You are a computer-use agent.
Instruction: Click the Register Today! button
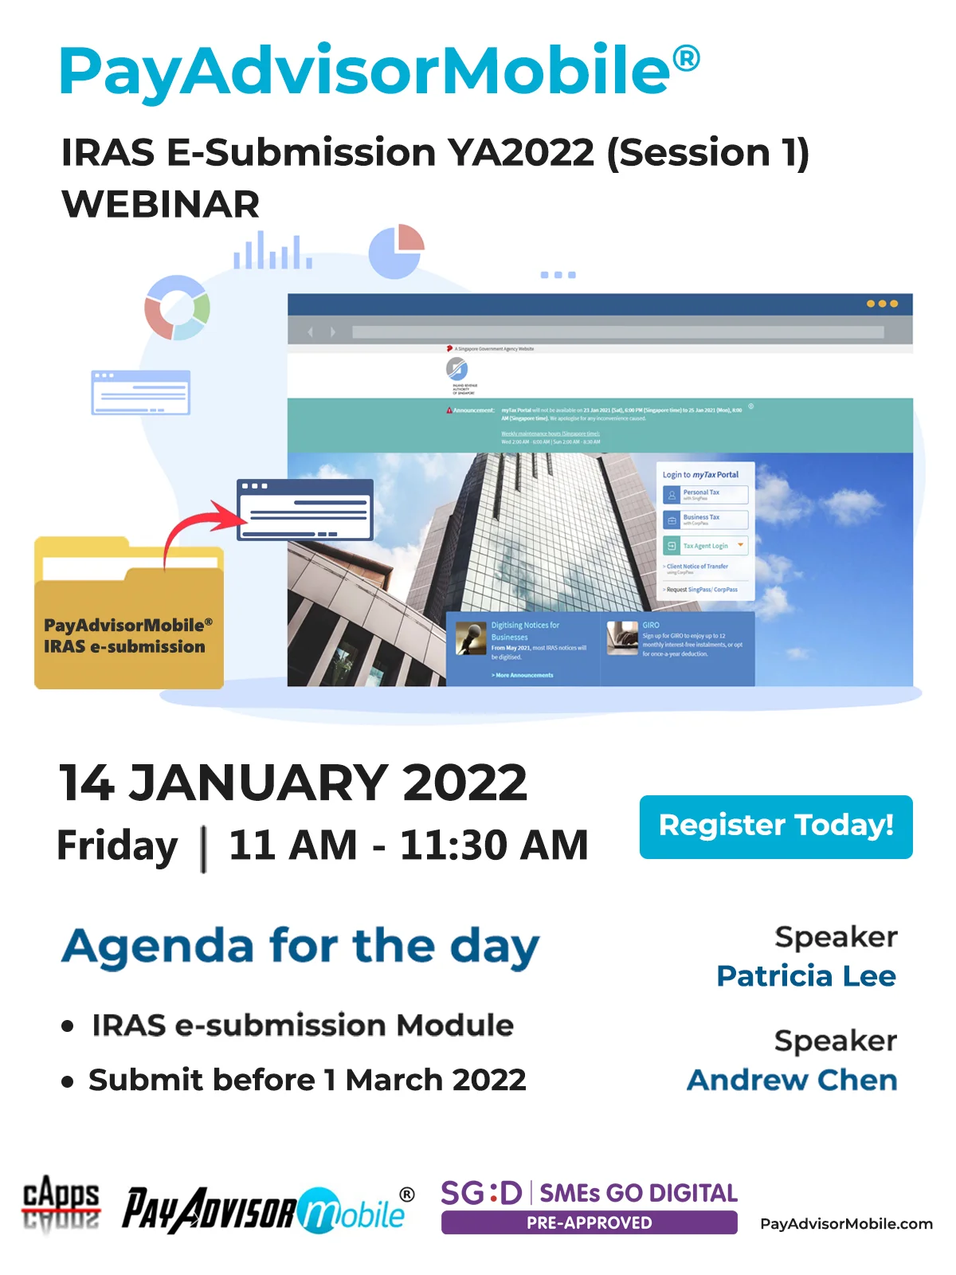point(775,826)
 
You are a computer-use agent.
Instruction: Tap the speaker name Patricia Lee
point(805,976)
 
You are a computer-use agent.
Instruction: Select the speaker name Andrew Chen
point(792,1080)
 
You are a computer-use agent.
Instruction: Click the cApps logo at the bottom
point(61,1202)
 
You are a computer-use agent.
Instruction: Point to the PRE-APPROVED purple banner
point(589,1222)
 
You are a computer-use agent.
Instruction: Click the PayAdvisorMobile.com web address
point(846,1224)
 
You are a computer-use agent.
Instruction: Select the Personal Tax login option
point(705,495)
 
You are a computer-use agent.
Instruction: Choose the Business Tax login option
point(705,520)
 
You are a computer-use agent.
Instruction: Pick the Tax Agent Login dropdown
point(705,546)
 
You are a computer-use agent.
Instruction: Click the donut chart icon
point(177,308)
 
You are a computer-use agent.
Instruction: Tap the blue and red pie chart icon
point(397,251)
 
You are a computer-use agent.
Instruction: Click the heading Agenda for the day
point(300,947)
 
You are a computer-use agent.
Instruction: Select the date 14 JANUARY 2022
point(293,783)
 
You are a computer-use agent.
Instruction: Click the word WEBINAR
point(161,205)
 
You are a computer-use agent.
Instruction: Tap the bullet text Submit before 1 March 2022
point(307,1080)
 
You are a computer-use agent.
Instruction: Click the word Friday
point(118,845)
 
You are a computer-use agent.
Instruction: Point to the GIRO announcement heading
point(651,625)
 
